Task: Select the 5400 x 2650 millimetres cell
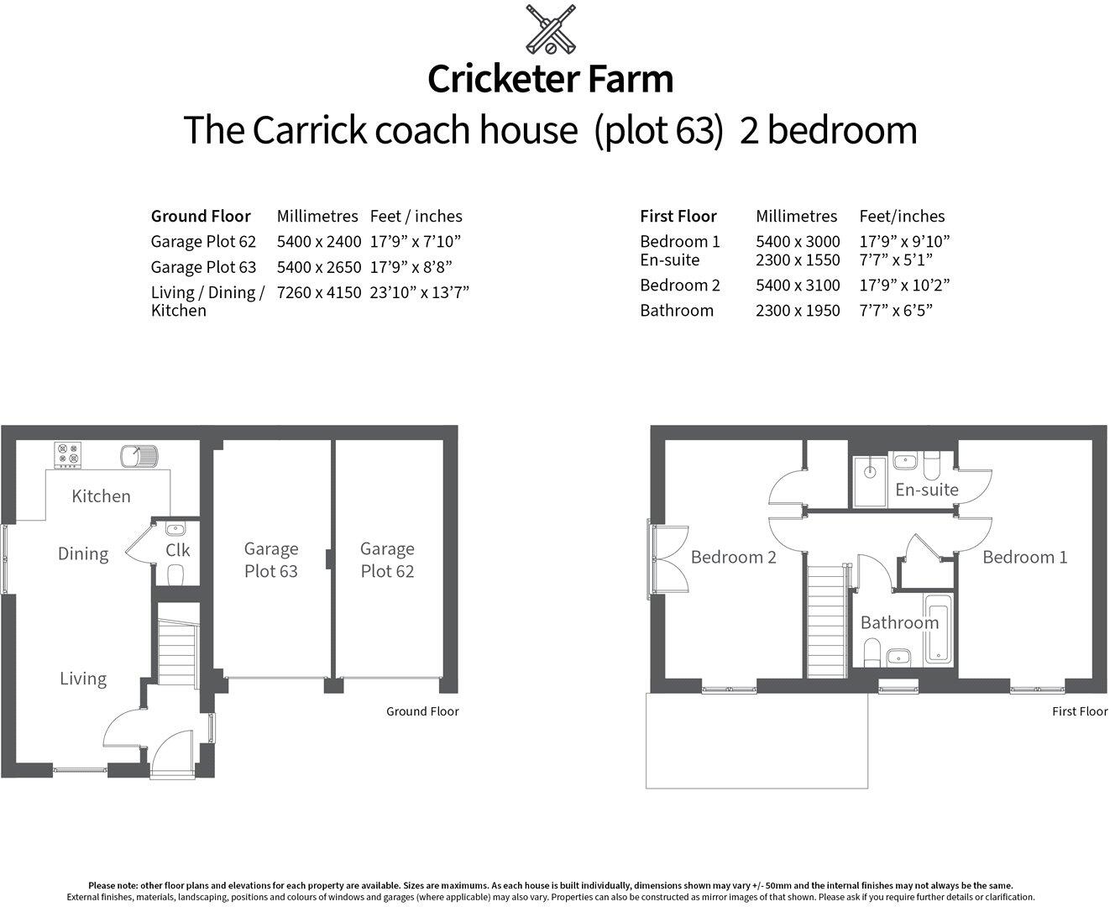[x=318, y=267]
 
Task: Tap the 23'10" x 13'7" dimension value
[x=419, y=292]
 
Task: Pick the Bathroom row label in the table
[x=676, y=310]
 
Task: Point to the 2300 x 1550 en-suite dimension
[x=798, y=260]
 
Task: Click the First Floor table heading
[x=678, y=216]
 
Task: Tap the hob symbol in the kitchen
[x=67, y=454]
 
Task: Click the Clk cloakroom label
[x=177, y=550]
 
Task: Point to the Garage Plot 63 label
[x=270, y=559]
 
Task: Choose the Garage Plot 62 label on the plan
[x=387, y=559]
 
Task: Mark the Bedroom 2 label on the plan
[x=733, y=557]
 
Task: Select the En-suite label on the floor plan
[x=926, y=489]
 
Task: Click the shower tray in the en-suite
[x=869, y=481]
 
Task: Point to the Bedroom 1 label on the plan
[x=1024, y=557]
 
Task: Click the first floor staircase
[x=824, y=621]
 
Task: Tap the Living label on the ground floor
[x=83, y=678]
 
